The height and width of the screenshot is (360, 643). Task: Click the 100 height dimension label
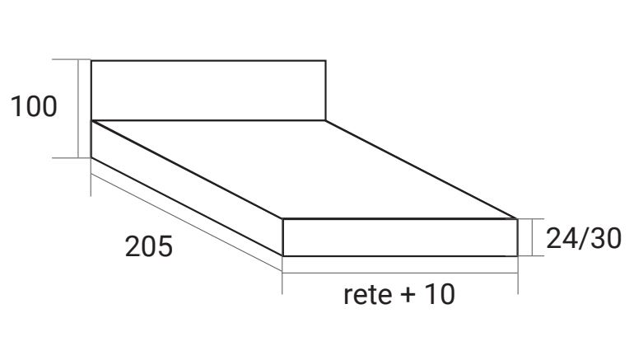point(34,106)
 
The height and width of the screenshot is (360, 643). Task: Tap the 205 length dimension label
point(149,247)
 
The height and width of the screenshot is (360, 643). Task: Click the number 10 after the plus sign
point(439,295)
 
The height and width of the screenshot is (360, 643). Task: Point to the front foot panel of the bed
point(400,237)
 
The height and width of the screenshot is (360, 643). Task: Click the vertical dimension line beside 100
point(80,107)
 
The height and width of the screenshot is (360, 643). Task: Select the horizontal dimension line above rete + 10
point(400,273)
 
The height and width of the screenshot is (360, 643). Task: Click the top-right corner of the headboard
point(326,61)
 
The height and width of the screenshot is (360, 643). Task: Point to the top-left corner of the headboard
point(91,61)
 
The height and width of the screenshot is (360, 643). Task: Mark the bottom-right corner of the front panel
point(517,255)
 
